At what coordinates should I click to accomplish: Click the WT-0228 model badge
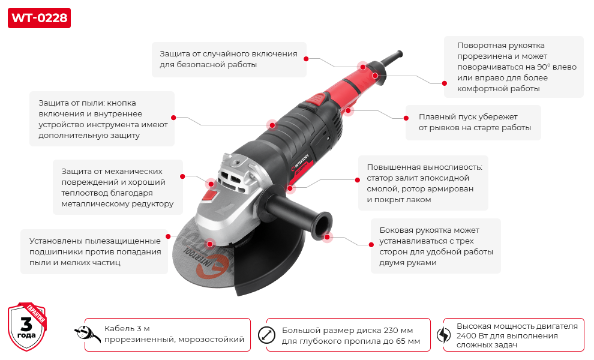tap(39, 18)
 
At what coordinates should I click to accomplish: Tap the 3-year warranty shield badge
tap(26, 327)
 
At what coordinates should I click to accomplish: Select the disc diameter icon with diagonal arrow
tap(265, 334)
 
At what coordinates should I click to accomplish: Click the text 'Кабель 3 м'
tap(127, 328)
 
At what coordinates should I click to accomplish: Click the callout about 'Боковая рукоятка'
tap(436, 246)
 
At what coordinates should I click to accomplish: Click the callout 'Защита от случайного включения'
tap(228, 59)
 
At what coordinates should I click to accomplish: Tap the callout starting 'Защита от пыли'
tap(102, 119)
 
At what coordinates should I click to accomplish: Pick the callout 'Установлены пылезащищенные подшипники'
tap(95, 251)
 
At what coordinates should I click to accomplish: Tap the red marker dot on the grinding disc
tap(210, 244)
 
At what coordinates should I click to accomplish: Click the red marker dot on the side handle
tap(328, 237)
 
